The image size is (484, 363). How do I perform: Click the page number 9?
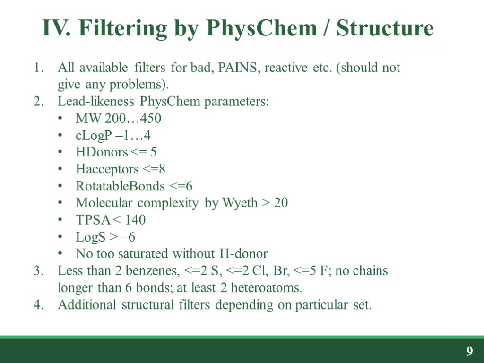(469, 351)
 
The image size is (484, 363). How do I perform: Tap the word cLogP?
(93, 136)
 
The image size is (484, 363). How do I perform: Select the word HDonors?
(102, 152)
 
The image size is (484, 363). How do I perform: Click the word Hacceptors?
(107, 169)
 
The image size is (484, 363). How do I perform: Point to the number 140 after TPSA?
(136, 220)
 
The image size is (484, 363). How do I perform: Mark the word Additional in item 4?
(87, 305)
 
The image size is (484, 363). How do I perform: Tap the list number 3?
(37, 271)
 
